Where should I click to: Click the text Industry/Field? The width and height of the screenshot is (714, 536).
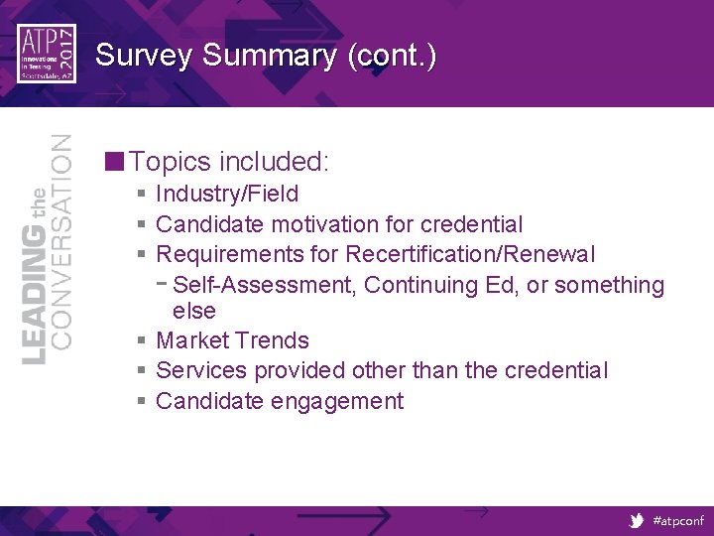pos(227,195)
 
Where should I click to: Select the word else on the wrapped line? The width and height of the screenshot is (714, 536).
pos(194,311)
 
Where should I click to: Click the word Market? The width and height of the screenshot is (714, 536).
pos(192,340)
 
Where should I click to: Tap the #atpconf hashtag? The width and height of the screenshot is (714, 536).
pos(676,520)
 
